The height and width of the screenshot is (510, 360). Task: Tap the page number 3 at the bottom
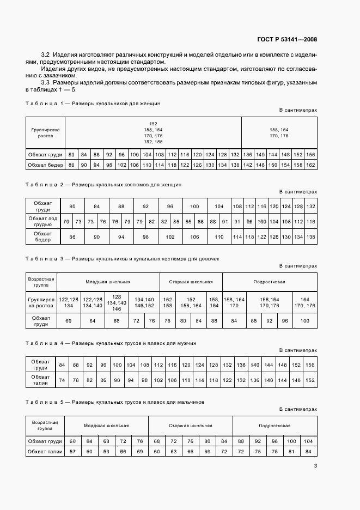click(x=315, y=466)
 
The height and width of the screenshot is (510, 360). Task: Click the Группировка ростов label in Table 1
click(x=46, y=132)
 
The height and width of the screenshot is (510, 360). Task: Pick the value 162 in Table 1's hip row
click(x=311, y=165)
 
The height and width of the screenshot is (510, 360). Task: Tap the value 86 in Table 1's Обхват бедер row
click(x=71, y=165)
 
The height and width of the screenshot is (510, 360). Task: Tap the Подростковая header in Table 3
click(x=269, y=282)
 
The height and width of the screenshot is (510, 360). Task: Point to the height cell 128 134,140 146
click(x=117, y=303)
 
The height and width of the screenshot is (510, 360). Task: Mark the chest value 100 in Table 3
click(x=304, y=321)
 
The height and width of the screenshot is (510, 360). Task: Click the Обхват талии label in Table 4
click(x=41, y=380)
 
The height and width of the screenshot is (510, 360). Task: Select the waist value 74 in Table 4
click(x=62, y=380)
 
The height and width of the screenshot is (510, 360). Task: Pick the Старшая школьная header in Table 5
click(x=190, y=425)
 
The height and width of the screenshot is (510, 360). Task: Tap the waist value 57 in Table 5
click(x=73, y=451)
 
